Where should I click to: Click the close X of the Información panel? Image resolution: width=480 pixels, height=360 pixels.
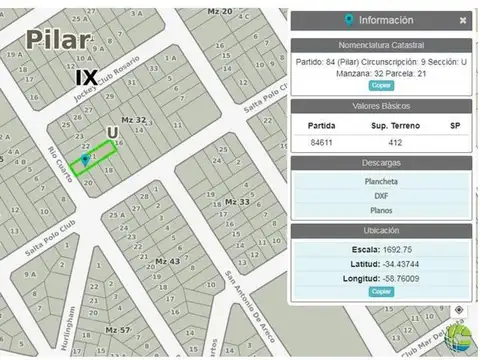[463, 20]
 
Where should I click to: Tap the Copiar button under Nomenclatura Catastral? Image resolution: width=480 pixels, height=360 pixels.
[380, 86]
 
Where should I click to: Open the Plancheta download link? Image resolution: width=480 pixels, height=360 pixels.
[380, 182]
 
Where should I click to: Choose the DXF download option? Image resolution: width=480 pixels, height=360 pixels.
[380, 197]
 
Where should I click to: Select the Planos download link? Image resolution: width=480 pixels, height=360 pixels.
[380, 212]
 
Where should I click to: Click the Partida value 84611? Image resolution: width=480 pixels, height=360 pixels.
[322, 142]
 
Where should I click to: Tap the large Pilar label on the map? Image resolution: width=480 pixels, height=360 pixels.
[59, 40]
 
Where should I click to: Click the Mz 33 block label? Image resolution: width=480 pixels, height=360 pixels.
[237, 202]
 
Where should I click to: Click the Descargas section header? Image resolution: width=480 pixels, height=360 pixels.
[380, 163]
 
